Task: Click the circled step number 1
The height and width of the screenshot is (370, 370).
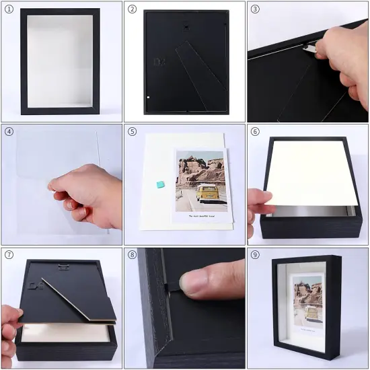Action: coord(9,9)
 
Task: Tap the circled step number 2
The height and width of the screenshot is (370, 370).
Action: coord(133,9)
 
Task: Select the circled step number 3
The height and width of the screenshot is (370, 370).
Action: coord(256,9)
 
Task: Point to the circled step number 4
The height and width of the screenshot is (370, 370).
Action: coord(9,132)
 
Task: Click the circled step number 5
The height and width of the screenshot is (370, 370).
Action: coord(133,132)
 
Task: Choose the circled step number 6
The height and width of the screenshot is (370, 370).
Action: coord(256,132)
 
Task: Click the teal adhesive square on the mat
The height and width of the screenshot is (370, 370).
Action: coord(159,184)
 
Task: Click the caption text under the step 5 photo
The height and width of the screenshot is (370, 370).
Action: coord(200,216)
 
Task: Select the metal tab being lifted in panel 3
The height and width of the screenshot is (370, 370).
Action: coord(309,47)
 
